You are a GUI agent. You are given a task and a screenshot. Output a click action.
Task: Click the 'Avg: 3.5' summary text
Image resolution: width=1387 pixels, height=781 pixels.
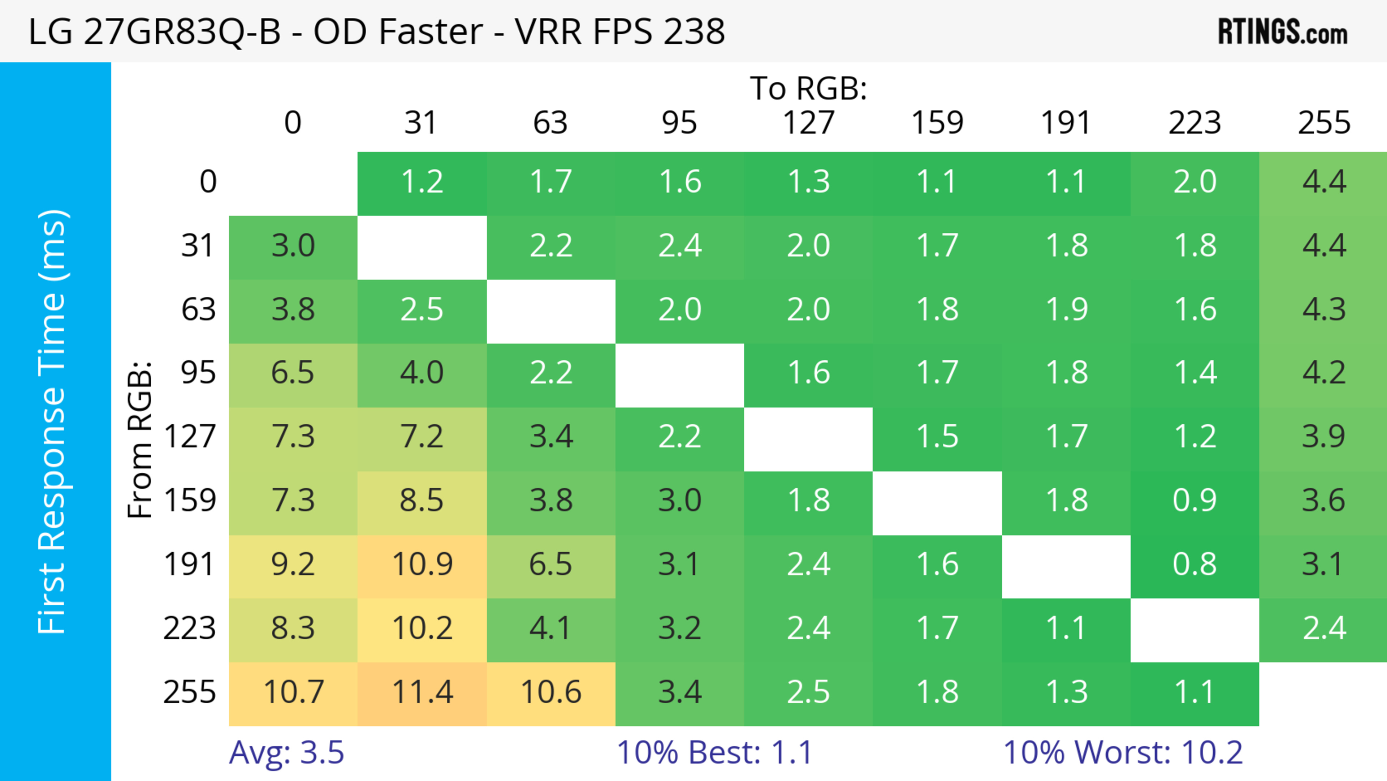(286, 752)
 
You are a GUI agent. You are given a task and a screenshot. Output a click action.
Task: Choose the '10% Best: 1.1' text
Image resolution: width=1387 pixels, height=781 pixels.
(714, 752)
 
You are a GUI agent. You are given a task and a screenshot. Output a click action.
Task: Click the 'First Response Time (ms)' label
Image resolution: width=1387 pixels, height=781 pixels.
(53, 421)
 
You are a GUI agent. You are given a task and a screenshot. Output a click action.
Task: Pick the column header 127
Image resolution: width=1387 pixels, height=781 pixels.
(808, 123)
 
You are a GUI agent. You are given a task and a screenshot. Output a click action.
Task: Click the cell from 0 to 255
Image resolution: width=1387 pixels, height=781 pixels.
(1323, 182)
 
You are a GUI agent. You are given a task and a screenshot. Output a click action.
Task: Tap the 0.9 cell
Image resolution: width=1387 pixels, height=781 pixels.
(1195, 501)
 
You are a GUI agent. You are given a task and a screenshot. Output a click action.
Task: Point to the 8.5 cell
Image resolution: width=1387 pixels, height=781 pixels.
(422, 501)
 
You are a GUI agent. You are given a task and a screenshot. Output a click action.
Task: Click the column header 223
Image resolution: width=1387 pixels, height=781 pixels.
(1195, 123)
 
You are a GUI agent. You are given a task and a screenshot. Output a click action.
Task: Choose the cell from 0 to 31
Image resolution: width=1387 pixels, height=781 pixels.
(422, 182)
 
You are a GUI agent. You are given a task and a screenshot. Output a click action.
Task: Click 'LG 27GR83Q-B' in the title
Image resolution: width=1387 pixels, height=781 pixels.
(155, 31)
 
